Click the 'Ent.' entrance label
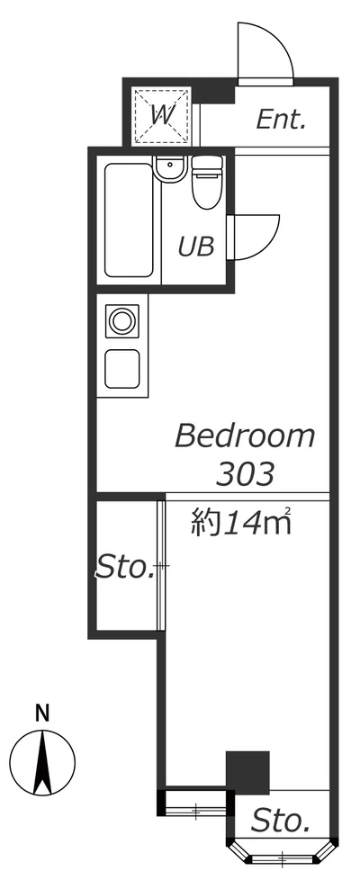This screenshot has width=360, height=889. pyautogui.click(x=282, y=120)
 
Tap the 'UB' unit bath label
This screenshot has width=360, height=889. pyautogui.click(x=196, y=246)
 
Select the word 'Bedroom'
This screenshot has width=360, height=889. pyautogui.click(x=245, y=436)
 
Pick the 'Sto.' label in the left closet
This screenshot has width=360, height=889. pyautogui.click(x=125, y=569)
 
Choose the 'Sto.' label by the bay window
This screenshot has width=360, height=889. pyautogui.click(x=280, y=820)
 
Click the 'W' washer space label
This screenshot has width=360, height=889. pyautogui.click(x=163, y=114)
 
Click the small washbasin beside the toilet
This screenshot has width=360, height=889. pyautogui.click(x=168, y=167)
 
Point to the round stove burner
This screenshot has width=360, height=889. pyautogui.click(x=120, y=319)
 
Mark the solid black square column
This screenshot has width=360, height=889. pyautogui.click(x=247, y=771)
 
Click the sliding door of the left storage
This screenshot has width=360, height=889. pyautogui.click(x=161, y=565)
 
